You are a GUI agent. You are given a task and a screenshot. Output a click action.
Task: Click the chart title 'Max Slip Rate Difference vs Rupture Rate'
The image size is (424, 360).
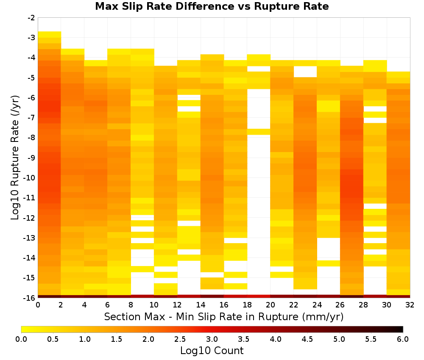[x=212, y=6]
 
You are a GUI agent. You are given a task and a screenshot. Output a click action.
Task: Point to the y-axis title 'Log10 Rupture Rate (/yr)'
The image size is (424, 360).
[x=15, y=158]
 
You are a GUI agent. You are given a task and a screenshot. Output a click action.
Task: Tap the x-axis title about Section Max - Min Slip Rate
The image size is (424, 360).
[x=223, y=316]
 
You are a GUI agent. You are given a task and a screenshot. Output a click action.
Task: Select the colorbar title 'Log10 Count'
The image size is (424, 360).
[x=212, y=351]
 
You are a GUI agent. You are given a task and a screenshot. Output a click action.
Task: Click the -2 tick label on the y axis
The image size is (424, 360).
[x=31, y=18]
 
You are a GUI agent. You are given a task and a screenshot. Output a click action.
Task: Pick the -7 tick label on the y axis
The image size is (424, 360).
[x=31, y=118]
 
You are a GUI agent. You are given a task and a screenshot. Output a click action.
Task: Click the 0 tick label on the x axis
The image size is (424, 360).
[x=38, y=305]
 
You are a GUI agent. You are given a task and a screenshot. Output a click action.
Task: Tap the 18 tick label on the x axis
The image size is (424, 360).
[x=247, y=305]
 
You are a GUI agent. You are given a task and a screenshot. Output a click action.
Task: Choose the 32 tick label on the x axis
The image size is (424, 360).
[x=410, y=305]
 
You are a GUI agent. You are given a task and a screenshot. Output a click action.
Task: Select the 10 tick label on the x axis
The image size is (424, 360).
[x=154, y=305]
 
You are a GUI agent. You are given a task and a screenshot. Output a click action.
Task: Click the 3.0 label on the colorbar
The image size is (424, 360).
[x=212, y=339]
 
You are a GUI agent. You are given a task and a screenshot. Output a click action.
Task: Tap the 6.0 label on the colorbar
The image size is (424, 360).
[x=403, y=339]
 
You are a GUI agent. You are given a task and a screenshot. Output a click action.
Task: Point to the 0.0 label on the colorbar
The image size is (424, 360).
[x=21, y=339]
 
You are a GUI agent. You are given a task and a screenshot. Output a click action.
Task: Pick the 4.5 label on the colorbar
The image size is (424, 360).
[x=307, y=339]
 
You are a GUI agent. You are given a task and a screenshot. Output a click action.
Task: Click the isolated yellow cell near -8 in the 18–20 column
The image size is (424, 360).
[x=259, y=132]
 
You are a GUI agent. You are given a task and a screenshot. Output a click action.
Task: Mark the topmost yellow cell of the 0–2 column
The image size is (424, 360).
[x=50, y=34]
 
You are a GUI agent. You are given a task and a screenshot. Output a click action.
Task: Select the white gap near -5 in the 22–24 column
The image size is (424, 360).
[x=305, y=72]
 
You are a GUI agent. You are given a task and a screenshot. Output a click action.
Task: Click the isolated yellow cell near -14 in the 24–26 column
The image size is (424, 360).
[x=328, y=263]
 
